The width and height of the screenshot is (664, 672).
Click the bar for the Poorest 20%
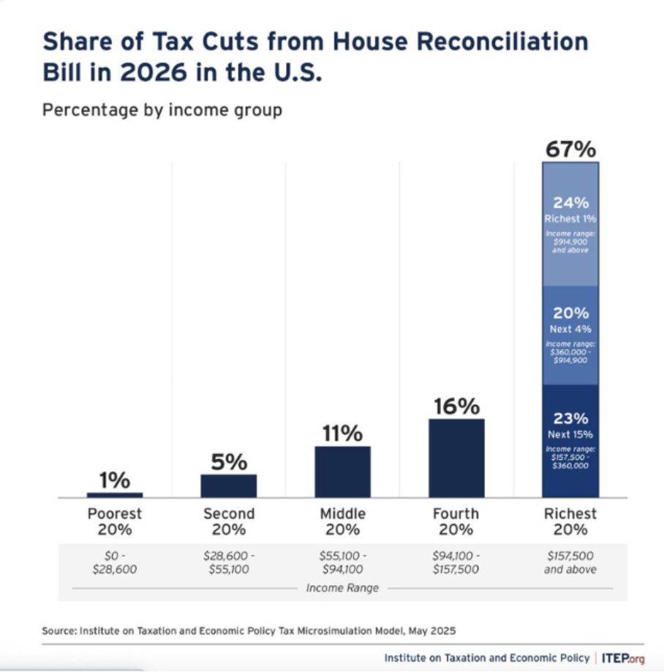pos(115,495)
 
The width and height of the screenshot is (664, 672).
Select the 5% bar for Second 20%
pos(228,485)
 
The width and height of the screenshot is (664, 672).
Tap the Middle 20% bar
pos(342,471)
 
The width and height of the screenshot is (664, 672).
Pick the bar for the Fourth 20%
pos(456,458)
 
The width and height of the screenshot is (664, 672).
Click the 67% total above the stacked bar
pos(570,149)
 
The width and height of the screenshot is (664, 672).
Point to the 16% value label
pos(456,406)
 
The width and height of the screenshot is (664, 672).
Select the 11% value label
pos(342,433)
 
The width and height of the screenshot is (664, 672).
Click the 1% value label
pos(115,481)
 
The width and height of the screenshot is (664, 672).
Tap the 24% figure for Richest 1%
pos(570,203)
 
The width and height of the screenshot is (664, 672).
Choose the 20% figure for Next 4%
pos(570,313)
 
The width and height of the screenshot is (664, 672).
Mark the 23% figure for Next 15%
pos(570,419)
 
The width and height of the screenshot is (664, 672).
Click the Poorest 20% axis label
pos(115,521)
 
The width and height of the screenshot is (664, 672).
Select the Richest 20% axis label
pos(570,521)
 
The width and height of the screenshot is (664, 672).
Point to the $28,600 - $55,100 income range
pos(228,562)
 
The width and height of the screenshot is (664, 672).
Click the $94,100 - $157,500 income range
pos(456,562)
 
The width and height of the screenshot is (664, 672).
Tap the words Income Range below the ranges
pos(342,588)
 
